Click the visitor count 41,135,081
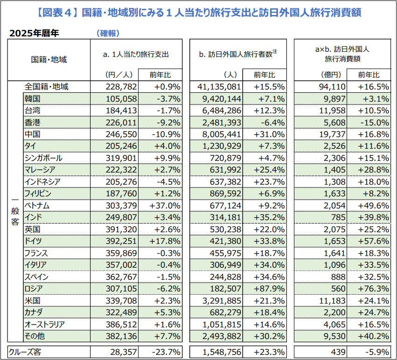click(219, 87)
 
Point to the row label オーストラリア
click(44, 324)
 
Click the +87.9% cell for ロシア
click(269, 289)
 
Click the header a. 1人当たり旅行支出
click(135, 55)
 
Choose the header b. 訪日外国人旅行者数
click(238, 54)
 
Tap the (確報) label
click(108, 33)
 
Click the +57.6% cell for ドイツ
click(373, 241)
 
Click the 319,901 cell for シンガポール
click(122, 158)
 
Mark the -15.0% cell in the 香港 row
click(373, 122)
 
